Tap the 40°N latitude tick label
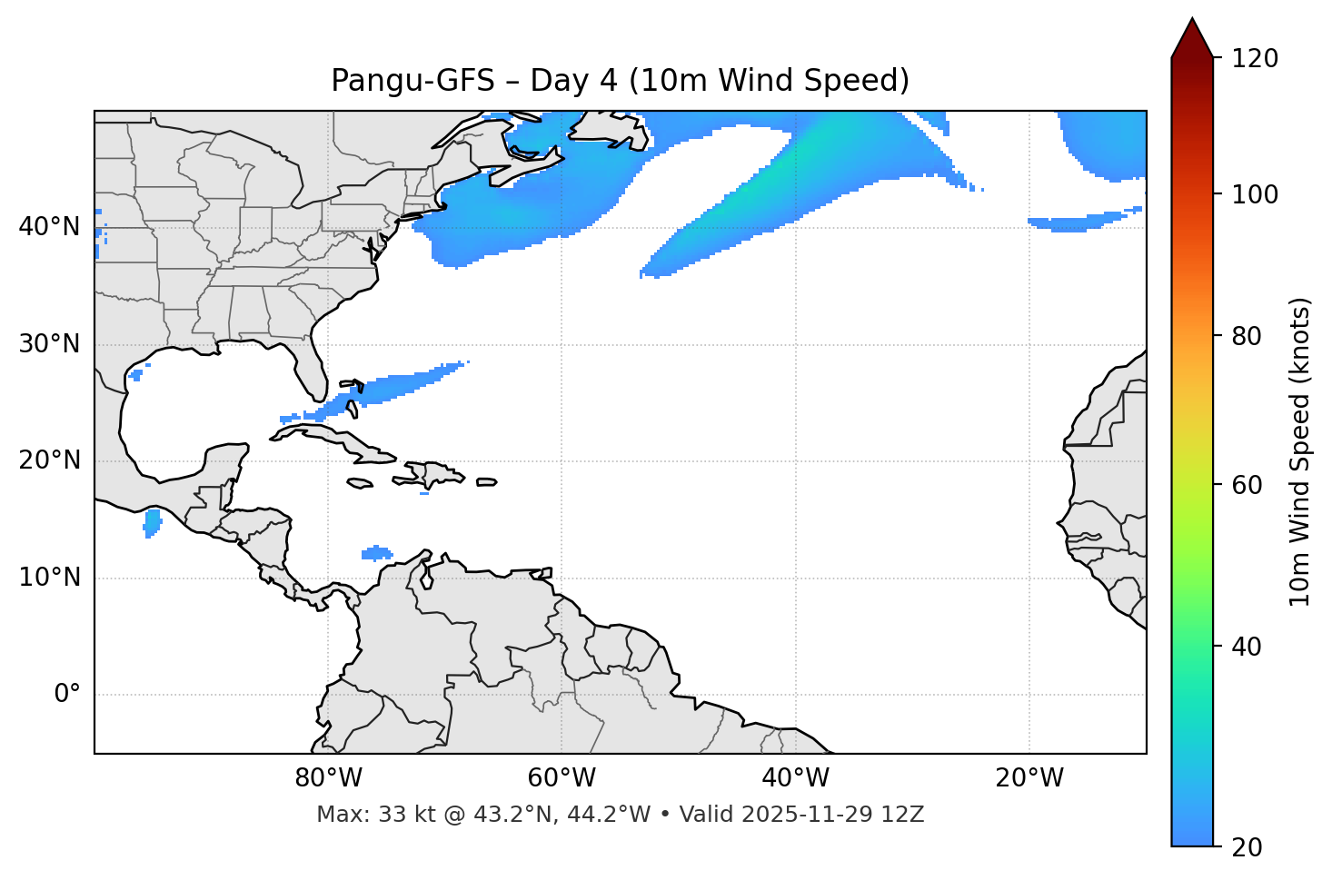49,227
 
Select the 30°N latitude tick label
49,344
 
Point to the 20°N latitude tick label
49,460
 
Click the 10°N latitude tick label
49,578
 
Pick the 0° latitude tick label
66,695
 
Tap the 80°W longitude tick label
328,778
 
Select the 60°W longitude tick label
562,778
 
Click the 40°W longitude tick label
795,778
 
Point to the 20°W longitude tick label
1029,778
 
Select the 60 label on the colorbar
1249,485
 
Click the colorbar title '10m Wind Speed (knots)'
1300,451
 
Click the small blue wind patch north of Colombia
377,552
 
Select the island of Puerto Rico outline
486,482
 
